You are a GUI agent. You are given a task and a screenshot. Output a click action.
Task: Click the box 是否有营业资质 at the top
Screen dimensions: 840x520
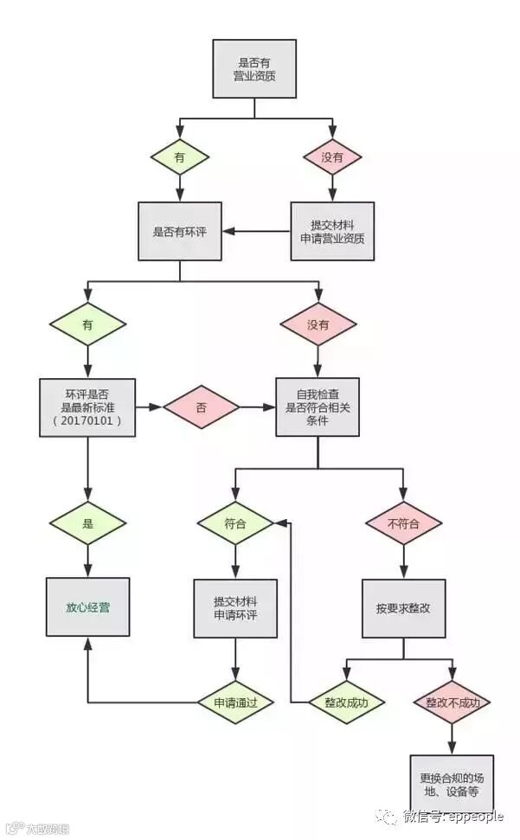pyautogui.click(x=254, y=68)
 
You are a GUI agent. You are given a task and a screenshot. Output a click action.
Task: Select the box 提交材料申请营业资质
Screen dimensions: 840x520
pyautogui.click(x=332, y=231)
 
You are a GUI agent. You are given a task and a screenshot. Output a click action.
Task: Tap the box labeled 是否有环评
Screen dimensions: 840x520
pyautogui.click(x=180, y=231)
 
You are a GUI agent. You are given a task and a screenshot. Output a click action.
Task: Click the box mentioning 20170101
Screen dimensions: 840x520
pyautogui.click(x=87, y=407)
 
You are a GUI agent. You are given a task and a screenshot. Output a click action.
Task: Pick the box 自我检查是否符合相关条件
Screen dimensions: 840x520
pyautogui.click(x=318, y=407)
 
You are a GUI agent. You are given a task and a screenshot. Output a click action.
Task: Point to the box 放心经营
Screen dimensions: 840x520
pyautogui.click(x=87, y=607)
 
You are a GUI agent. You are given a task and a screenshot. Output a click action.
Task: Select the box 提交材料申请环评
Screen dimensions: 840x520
pyautogui.click(x=235, y=607)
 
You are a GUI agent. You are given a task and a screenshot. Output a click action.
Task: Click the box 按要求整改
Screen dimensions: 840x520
pyautogui.click(x=403, y=608)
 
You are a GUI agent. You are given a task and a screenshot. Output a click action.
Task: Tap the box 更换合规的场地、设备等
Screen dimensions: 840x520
pyautogui.click(x=450, y=784)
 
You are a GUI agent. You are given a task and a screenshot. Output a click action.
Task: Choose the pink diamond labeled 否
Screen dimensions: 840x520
pyautogui.click(x=202, y=407)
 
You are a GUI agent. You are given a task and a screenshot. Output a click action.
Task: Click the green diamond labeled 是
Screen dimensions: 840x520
pyautogui.click(x=87, y=523)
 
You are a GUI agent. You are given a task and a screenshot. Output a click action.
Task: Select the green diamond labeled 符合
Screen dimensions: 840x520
pyautogui.click(x=235, y=523)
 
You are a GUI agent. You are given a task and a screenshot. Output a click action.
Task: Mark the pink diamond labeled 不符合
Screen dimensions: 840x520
pyautogui.click(x=403, y=523)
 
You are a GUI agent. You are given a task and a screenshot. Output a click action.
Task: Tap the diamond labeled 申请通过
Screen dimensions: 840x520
pyautogui.click(x=235, y=702)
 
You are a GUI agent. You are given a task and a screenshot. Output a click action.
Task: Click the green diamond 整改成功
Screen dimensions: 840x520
pyautogui.click(x=346, y=702)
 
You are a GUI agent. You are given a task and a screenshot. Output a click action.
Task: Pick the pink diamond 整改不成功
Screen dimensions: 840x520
pyautogui.click(x=452, y=702)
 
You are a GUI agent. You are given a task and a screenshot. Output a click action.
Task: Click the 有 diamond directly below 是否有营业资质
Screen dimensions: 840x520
pyautogui.click(x=180, y=157)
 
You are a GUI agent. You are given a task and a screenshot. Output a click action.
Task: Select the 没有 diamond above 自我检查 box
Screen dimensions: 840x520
pyautogui.click(x=318, y=325)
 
